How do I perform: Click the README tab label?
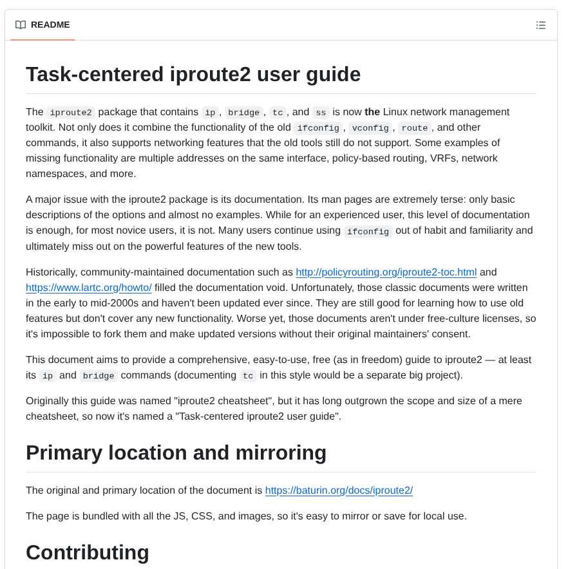coord(50,25)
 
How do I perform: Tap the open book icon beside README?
coord(21,25)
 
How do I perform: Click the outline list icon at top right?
coord(541,25)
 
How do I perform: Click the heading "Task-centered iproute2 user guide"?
coord(193,74)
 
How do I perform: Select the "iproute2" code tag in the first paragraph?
coord(71,113)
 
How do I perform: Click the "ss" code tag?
coord(321,113)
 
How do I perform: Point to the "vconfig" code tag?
coord(370,128)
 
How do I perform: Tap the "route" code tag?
coord(414,128)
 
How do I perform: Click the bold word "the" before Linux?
coord(372,112)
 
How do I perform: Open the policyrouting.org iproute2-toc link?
coord(386,272)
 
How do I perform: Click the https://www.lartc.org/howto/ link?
coord(89,288)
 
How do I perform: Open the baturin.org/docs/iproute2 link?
coord(339,490)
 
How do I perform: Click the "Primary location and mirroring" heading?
coord(176,452)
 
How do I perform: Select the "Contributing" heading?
coord(88,552)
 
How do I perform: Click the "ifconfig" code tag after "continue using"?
coord(368,232)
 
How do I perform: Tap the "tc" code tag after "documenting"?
coord(248,376)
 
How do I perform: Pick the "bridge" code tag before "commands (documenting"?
coord(99,376)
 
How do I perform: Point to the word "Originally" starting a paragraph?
coord(48,401)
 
